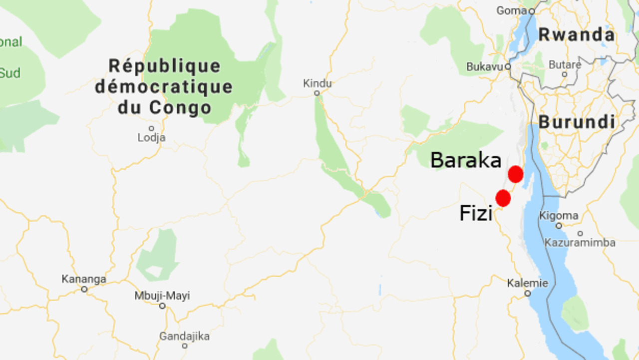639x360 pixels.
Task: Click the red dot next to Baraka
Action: click(x=516, y=174)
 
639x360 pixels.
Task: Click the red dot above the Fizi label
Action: click(x=503, y=198)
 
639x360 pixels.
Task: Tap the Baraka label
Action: click(x=466, y=160)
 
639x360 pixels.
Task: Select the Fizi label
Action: click(x=476, y=214)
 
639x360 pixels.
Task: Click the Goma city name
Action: click(x=511, y=10)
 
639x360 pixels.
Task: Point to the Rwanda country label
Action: click(x=577, y=35)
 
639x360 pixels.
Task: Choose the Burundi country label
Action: click(x=577, y=122)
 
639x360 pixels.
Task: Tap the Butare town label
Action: click(x=565, y=64)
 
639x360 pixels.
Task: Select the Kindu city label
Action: click(x=317, y=83)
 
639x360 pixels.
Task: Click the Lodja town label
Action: click(x=151, y=137)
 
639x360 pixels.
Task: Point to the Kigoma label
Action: click(x=559, y=216)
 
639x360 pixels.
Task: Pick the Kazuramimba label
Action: click(x=580, y=243)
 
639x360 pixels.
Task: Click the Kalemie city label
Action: click(x=527, y=283)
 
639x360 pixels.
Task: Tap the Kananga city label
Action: click(x=84, y=279)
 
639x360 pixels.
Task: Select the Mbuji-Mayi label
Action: click(x=162, y=296)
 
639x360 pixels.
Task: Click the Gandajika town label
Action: click(x=184, y=336)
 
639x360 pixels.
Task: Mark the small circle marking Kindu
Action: click(x=317, y=93)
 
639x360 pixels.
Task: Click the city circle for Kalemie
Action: click(x=527, y=294)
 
